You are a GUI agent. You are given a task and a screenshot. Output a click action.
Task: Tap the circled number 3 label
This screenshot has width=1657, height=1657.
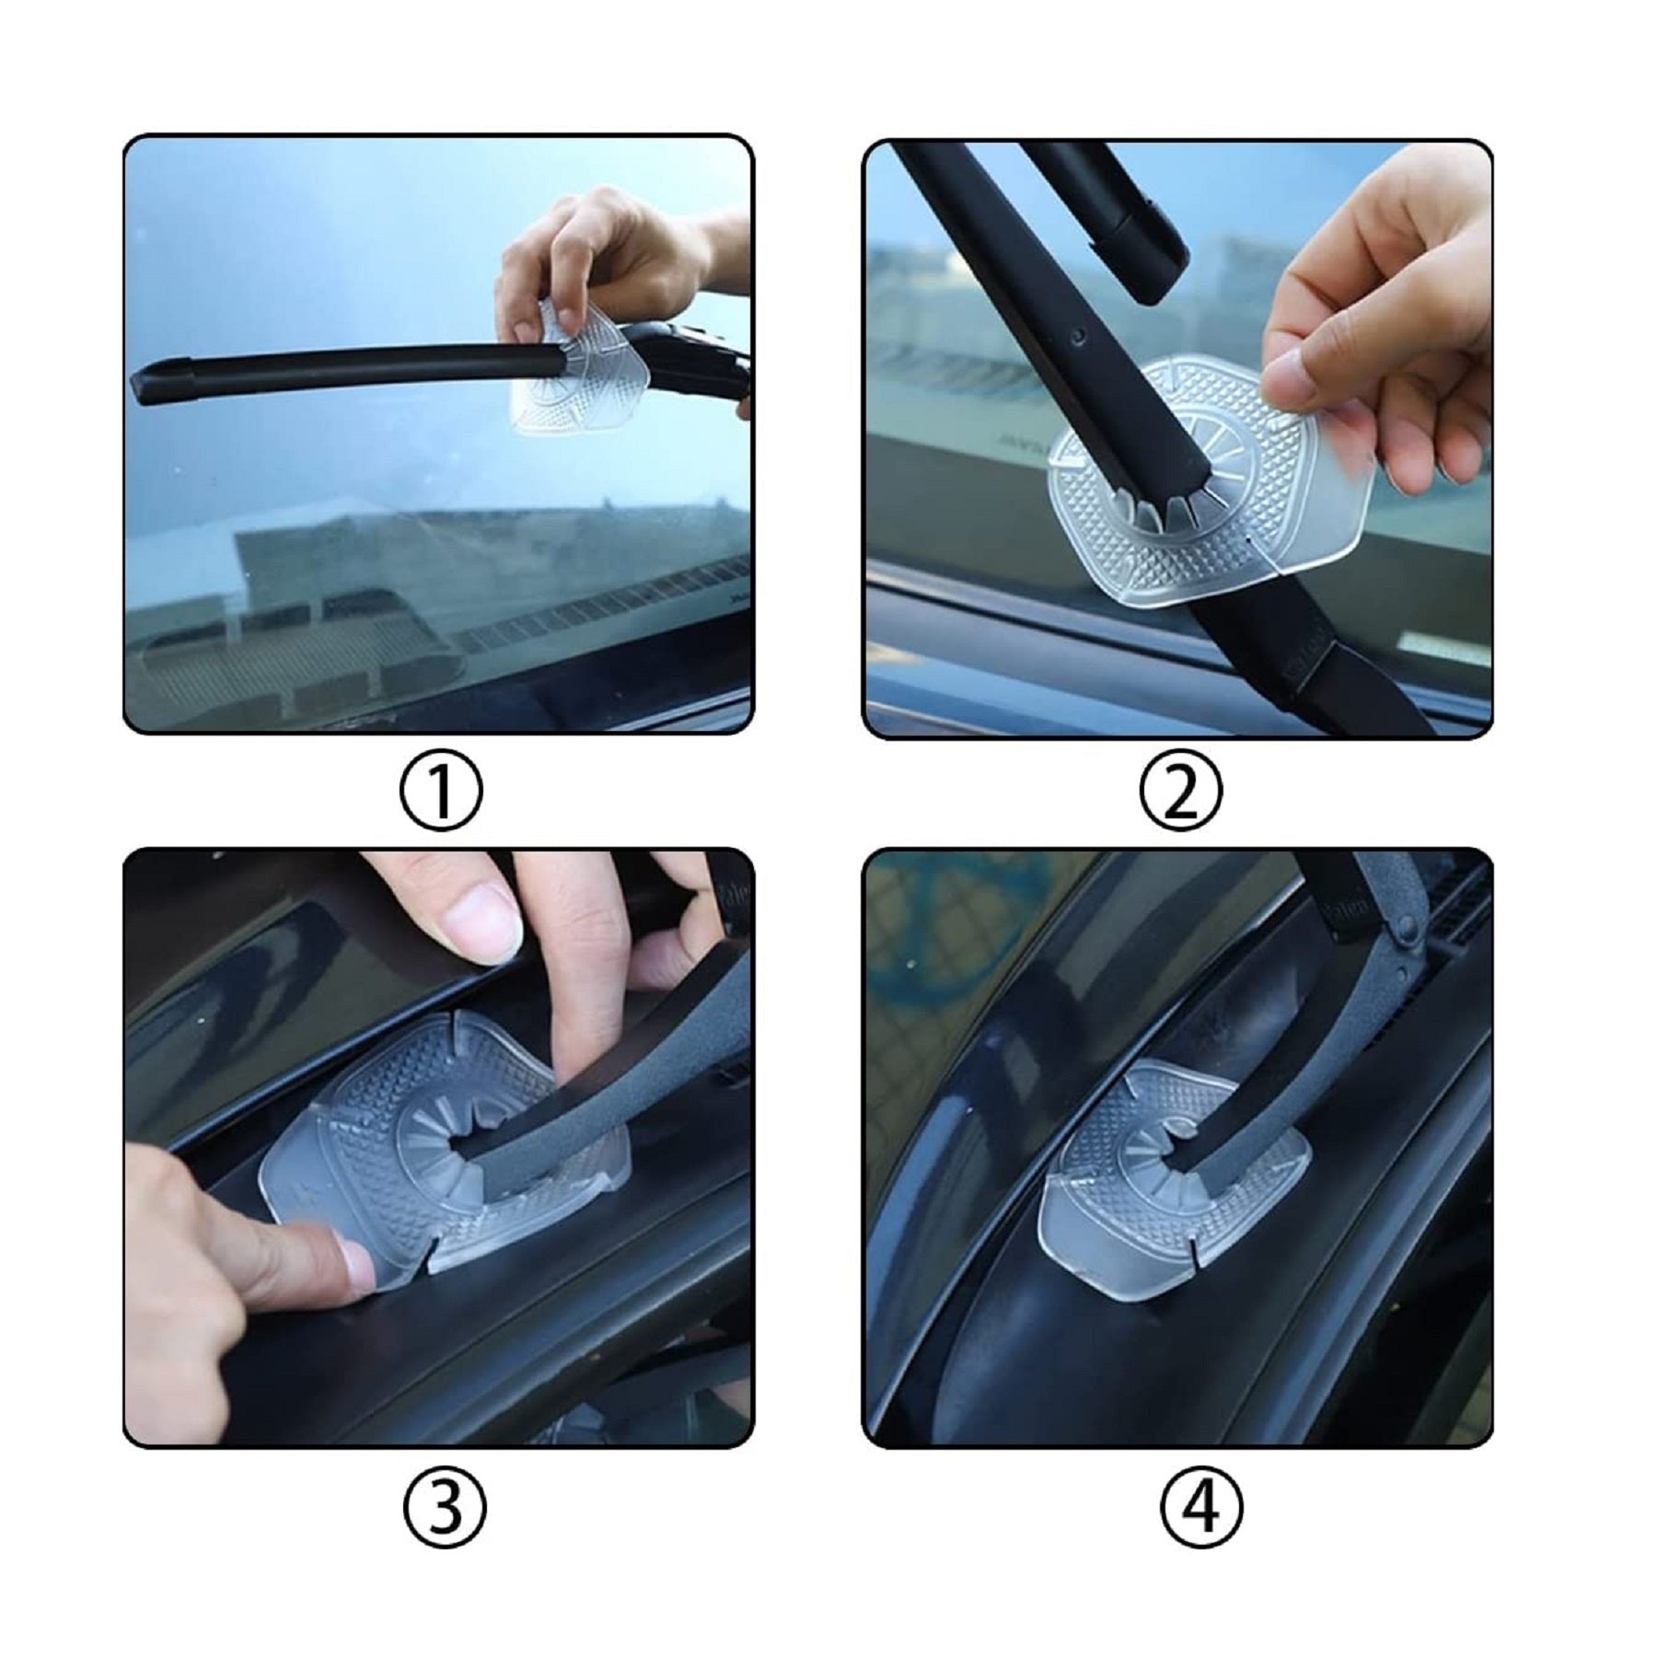445,1508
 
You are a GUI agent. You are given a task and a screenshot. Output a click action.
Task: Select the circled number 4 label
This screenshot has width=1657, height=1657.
1202,1508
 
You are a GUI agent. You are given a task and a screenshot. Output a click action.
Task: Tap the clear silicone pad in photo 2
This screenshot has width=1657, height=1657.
1215,479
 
